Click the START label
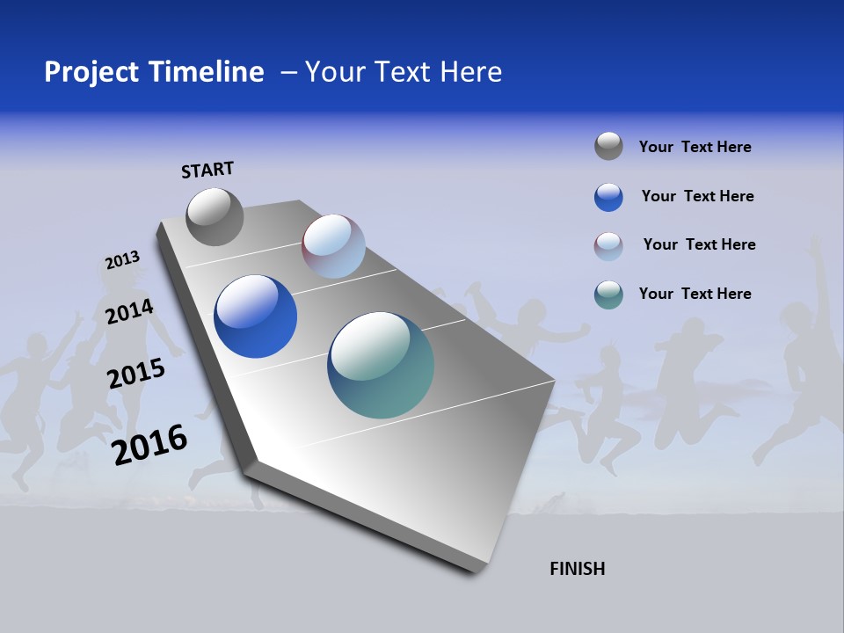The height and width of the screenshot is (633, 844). click(207, 170)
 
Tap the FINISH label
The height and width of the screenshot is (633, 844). click(577, 569)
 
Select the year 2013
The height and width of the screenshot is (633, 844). click(122, 260)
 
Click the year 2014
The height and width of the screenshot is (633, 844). click(129, 311)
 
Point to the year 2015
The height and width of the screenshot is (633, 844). click(135, 373)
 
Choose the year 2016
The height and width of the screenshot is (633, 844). click(149, 445)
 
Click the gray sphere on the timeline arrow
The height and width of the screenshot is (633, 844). click(215, 217)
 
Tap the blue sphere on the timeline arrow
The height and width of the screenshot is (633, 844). click(255, 316)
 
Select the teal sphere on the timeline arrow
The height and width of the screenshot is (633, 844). click(380, 365)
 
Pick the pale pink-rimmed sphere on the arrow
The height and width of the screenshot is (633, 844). click(333, 246)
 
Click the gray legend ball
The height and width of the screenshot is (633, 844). click(608, 146)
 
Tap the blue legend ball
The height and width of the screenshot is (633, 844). click(608, 196)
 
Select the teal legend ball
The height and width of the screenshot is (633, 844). click(608, 295)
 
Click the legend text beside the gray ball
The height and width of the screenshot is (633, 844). click(695, 147)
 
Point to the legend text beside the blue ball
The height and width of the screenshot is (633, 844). click(697, 196)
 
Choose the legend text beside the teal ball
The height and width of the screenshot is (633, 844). click(695, 294)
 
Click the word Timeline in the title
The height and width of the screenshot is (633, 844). click(207, 72)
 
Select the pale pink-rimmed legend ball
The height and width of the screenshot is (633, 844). click(608, 246)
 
